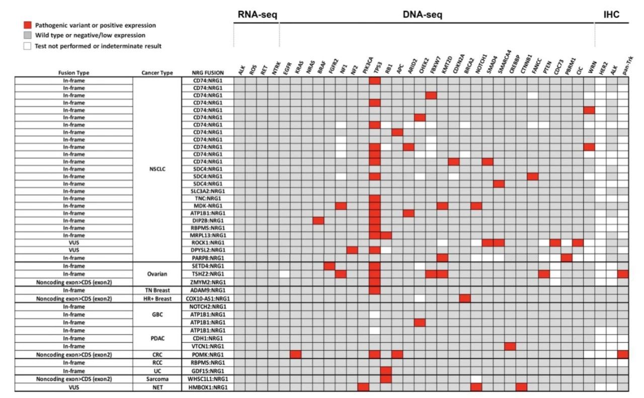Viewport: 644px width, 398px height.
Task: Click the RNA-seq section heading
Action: tap(257, 15)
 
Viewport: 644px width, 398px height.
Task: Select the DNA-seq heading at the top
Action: tap(423, 15)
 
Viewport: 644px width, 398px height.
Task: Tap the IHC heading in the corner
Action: tap(611, 15)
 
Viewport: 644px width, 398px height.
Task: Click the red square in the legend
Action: tap(27, 25)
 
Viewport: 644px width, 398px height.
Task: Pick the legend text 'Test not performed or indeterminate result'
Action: tap(98, 46)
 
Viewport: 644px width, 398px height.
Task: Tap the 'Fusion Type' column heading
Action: tap(73, 73)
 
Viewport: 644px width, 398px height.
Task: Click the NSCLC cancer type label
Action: tap(157, 169)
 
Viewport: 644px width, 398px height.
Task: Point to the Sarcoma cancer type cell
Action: tap(157, 379)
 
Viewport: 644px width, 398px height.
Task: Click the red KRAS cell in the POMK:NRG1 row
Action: tap(296, 354)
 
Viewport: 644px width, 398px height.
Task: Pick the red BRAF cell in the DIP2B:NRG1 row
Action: tap(318, 220)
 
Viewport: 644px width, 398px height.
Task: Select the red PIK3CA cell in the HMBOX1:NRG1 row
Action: tap(363, 387)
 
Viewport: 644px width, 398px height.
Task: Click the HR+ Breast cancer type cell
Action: tap(157, 298)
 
